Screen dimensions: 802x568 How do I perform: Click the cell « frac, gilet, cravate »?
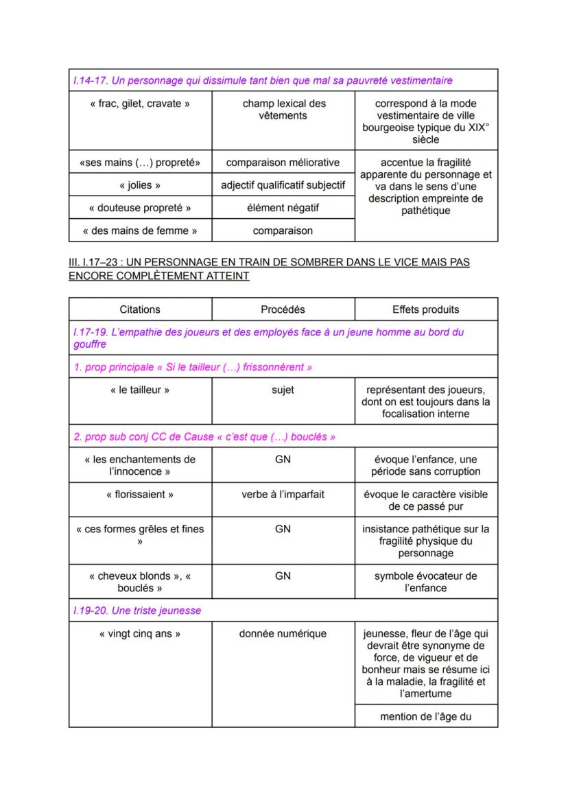tap(140, 104)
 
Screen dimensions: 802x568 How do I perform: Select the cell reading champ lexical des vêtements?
tap(283, 110)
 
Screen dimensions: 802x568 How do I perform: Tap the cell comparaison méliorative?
tap(283, 163)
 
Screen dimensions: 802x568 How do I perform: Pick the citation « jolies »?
tap(140, 185)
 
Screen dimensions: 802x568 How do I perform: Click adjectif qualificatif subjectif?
tap(283, 185)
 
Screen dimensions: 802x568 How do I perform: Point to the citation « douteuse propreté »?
tap(140, 208)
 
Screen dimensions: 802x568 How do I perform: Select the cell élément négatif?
tap(283, 207)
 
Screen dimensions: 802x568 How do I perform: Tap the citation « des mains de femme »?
tap(140, 231)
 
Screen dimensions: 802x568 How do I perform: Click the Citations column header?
tap(140, 309)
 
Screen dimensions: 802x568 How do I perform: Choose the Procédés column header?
tap(283, 309)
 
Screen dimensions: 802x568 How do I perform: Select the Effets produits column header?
tap(425, 309)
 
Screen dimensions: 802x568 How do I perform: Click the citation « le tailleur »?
tap(140, 390)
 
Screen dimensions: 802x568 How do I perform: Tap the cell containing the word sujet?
tap(283, 390)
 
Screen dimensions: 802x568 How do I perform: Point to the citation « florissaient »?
tap(140, 494)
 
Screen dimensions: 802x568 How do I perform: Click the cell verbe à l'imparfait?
tap(283, 494)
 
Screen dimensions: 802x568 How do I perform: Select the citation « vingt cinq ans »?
tap(140, 633)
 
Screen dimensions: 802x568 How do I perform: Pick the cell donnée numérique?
tap(283, 633)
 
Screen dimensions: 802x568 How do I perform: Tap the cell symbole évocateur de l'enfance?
tap(425, 582)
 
